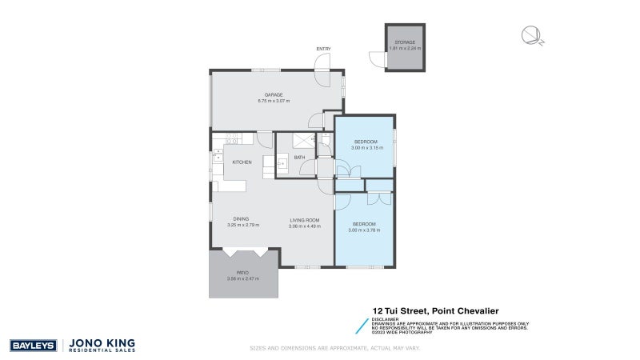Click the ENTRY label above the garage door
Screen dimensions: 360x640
pos(323,50)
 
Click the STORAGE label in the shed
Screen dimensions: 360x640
pos(405,42)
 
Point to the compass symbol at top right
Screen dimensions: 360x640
pos(531,34)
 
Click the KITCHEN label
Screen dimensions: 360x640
pos(242,162)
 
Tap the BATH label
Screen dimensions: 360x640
pos(300,158)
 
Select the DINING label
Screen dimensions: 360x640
pos(242,219)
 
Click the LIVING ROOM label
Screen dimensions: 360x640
pos(304,220)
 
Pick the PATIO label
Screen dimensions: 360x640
pos(242,272)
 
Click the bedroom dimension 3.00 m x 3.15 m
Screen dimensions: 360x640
pos(366,148)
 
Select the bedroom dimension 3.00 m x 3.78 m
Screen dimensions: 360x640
pos(366,230)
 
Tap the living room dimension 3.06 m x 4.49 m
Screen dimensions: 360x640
pos(305,226)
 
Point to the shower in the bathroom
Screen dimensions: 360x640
pos(303,141)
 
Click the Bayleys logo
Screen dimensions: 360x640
pos(32,346)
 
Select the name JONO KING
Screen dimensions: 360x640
pos(104,342)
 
